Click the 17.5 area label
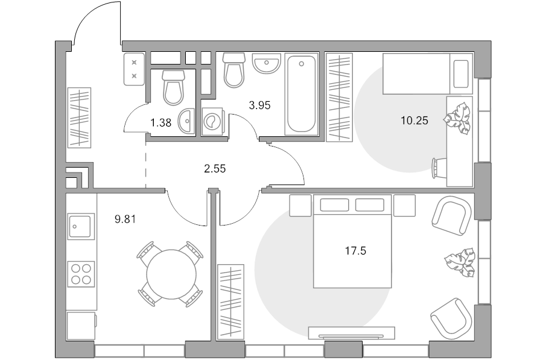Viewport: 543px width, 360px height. [x=355, y=251]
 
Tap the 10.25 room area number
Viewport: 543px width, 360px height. [x=414, y=121]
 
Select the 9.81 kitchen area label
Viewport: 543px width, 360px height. [x=125, y=219]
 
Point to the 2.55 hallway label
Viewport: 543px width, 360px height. [x=215, y=169]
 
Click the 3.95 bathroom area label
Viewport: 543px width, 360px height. [x=259, y=106]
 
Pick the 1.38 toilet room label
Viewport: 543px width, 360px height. [x=160, y=122]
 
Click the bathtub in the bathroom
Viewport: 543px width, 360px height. [x=301, y=94]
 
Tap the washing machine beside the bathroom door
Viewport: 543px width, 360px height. [x=212, y=121]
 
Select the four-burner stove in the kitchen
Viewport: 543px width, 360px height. [x=81, y=274]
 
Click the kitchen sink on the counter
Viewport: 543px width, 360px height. [x=81, y=226]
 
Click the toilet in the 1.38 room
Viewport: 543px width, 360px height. [x=173, y=88]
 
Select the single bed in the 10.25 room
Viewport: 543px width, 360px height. [x=428, y=74]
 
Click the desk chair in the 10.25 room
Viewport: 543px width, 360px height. [x=439, y=168]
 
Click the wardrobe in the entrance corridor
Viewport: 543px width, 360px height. [x=79, y=118]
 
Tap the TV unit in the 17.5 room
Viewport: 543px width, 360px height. [x=352, y=333]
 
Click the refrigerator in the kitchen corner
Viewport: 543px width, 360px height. [x=81, y=326]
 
